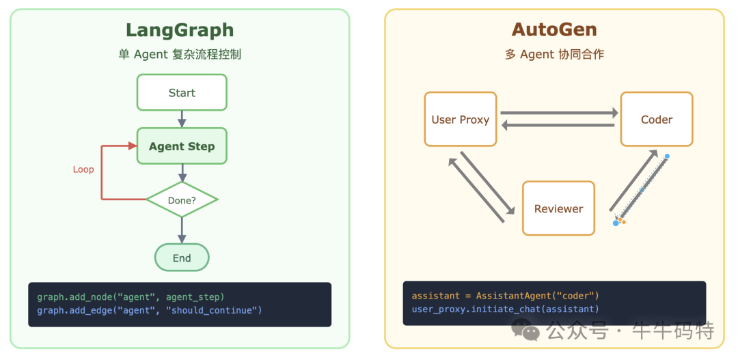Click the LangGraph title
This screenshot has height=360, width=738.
point(180,30)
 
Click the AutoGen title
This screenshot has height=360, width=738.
point(554,30)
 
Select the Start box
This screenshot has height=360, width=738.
point(182,93)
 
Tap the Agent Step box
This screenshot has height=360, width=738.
point(182,146)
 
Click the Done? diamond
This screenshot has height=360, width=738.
point(182,200)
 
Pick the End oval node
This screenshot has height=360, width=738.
point(182,258)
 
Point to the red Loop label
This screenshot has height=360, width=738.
point(83,169)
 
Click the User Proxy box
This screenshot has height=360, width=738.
point(460,120)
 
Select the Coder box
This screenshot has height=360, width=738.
point(656,120)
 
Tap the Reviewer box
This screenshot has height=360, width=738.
point(558,209)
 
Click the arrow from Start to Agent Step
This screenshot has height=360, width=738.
point(182,119)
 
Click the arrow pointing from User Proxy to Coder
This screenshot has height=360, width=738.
point(558,113)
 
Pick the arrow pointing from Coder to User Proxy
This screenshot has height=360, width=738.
point(558,125)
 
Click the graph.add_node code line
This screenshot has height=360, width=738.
point(131,296)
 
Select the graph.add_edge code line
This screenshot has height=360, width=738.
point(149,310)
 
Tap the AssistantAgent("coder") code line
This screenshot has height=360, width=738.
point(505,296)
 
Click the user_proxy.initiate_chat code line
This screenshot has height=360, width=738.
point(505,309)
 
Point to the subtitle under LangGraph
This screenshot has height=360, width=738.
point(180,55)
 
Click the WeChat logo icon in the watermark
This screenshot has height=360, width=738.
point(530,331)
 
